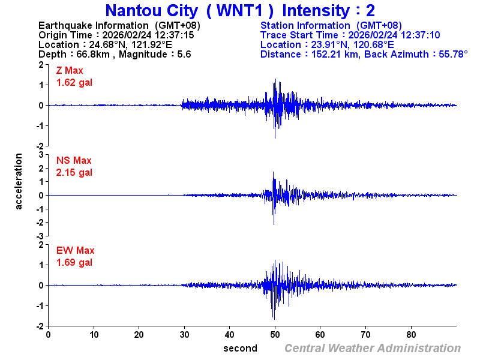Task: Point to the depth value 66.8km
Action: [x=96, y=54]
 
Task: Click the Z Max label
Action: [x=70, y=71]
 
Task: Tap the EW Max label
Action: [x=76, y=250]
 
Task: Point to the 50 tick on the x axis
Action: [x=275, y=334]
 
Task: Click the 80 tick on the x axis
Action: [x=411, y=334]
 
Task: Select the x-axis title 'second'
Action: [x=240, y=348]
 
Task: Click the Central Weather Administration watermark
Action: [x=373, y=348]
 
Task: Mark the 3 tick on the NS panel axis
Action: [x=41, y=155]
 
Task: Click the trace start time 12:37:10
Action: [x=420, y=35]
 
